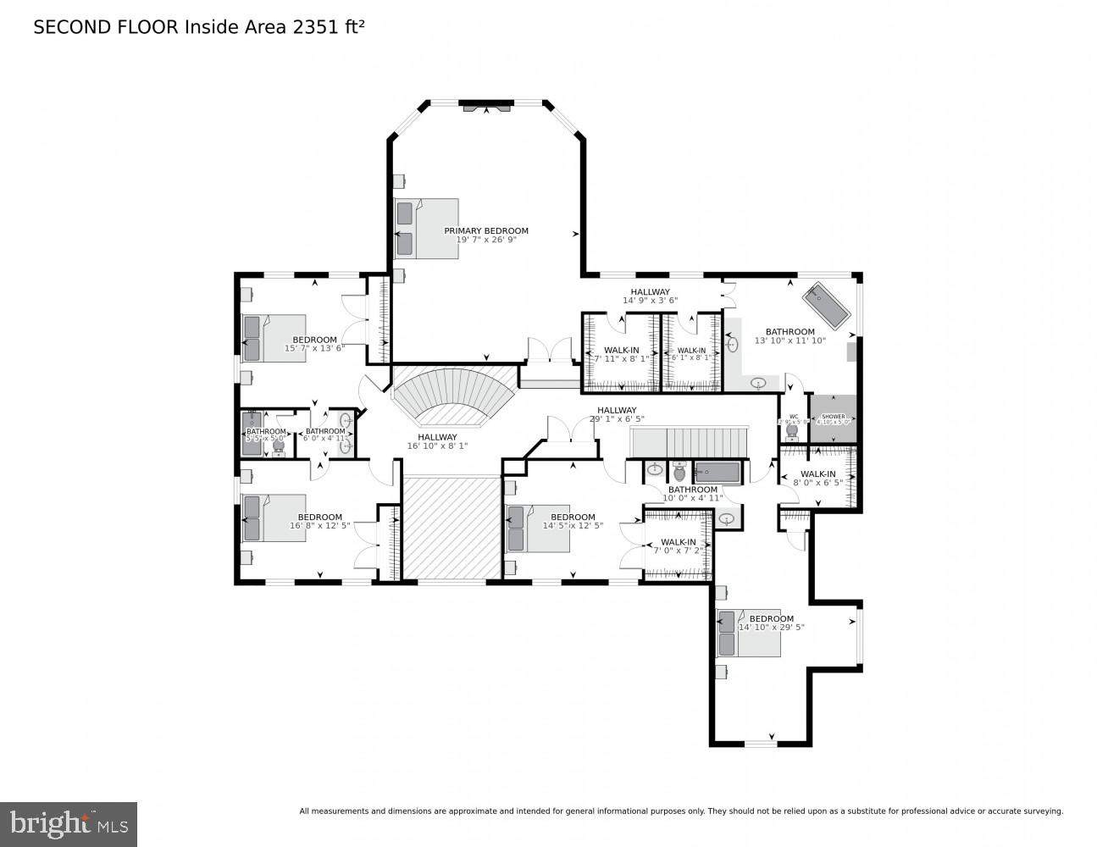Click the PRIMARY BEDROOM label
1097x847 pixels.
click(486, 231)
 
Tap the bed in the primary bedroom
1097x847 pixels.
click(427, 229)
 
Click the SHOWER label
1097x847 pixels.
click(833, 418)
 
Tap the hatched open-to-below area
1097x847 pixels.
click(452, 529)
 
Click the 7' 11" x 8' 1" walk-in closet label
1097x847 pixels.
click(621, 354)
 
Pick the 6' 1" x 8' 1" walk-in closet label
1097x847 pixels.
click(691, 354)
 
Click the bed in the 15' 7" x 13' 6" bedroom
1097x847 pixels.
click(274, 338)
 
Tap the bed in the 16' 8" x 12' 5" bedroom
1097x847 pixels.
click(273, 518)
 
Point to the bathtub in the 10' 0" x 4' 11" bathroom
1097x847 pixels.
click(717, 472)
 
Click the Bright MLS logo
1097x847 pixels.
click(68, 823)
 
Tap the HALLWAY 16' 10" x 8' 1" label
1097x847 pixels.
click(437, 441)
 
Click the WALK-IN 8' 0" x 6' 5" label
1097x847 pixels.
click(817, 479)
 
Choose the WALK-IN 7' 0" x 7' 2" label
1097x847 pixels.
click(678, 546)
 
